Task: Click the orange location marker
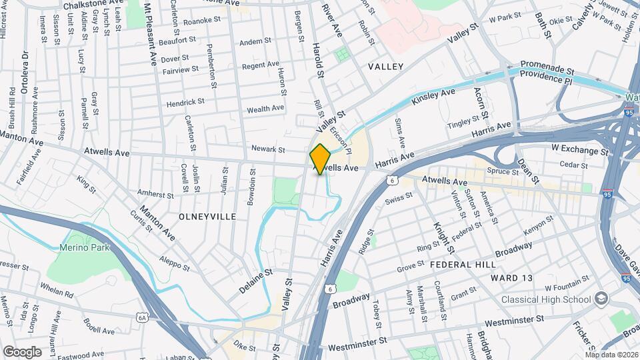pos(320,159)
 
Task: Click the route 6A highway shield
pos(141,318)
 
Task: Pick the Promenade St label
pos(547,69)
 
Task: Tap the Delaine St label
pos(257,281)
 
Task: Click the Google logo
pos(23,351)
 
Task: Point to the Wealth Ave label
pos(265,108)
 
